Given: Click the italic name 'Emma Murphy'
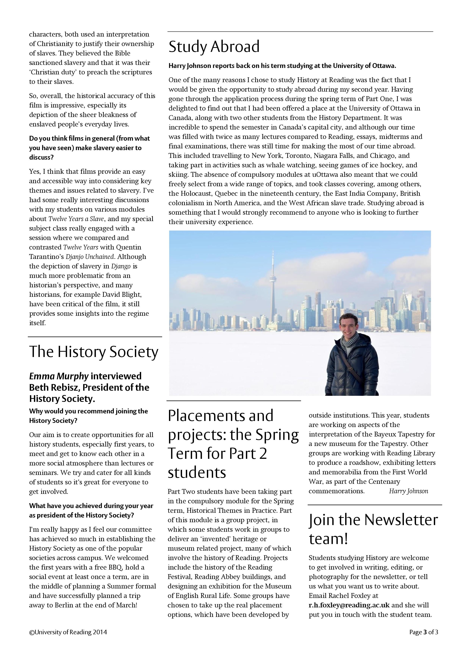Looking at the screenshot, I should click(59, 376).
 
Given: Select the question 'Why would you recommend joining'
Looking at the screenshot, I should click(88, 411).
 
